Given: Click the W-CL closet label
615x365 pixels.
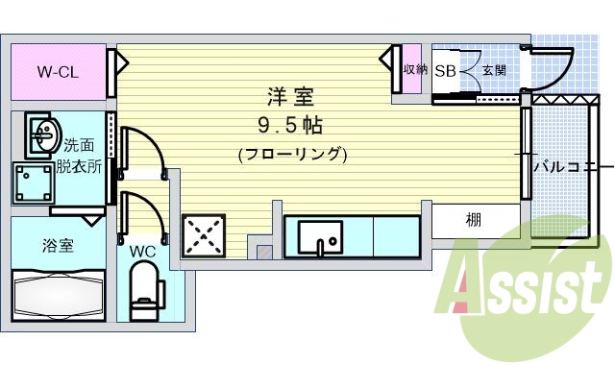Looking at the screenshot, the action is click(57, 71).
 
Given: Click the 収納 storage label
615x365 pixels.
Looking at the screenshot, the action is click(414, 70).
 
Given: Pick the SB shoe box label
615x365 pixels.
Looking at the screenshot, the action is click(445, 70).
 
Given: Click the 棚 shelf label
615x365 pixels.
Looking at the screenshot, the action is click(475, 221).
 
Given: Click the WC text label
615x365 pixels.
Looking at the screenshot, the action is click(142, 253).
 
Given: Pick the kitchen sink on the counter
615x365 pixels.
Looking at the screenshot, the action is click(320, 236).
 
